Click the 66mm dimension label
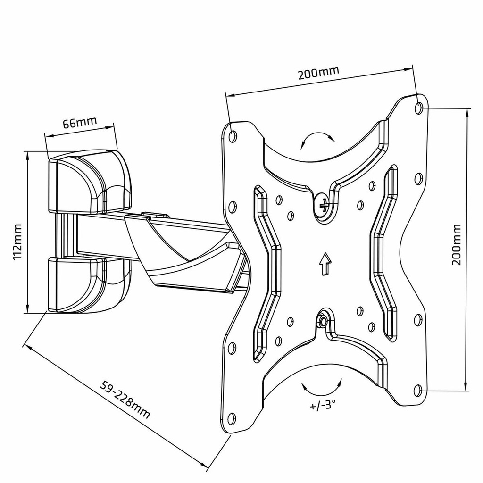(x=80, y=123)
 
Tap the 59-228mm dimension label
(x=125, y=399)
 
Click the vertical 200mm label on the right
(x=456, y=250)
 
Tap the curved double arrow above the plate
(x=317, y=140)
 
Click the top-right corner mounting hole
(x=419, y=108)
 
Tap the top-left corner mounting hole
(x=232, y=136)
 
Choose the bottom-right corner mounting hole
(x=417, y=390)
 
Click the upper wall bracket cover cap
(x=90, y=182)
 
